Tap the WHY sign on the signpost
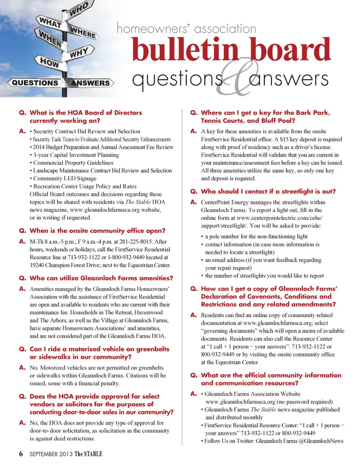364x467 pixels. pyautogui.click(x=79, y=52)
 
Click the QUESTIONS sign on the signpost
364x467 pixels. pyautogui.click(x=35, y=83)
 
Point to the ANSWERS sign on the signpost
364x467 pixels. pyautogui.click(x=90, y=83)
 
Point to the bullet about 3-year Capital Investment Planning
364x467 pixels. pyautogui.click(x=76, y=155)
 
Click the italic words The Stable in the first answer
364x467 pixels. pyautogui.click(x=139, y=202)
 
